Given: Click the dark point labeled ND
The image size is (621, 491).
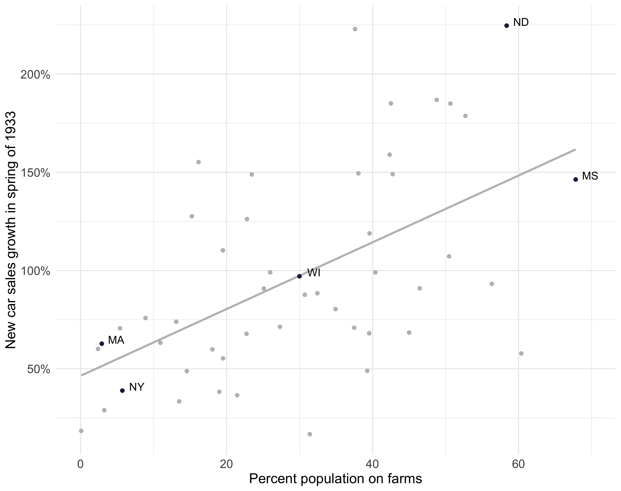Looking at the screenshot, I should tap(507, 26).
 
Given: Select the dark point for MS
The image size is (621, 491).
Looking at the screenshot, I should tap(575, 179).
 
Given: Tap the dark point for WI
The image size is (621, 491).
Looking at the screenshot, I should tap(299, 276).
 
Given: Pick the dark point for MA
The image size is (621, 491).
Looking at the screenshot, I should tap(102, 343).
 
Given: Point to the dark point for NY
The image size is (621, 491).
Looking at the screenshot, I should tap(122, 390).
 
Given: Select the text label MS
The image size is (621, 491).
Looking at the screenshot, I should tap(590, 176).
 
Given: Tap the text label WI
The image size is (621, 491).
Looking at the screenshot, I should tap(314, 273).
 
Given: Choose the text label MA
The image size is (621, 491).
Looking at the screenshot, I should tap(116, 340).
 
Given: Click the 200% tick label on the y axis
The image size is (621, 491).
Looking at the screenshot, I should tap(35, 75).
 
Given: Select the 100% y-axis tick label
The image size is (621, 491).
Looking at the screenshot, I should tap(35, 271).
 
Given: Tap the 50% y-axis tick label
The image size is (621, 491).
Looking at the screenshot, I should tap(38, 369).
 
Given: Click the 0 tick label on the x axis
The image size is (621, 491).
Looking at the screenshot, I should tap(80, 464).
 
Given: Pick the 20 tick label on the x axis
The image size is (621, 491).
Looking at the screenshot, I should tap(226, 464).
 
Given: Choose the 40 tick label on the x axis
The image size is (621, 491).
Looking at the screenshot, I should tap(372, 464).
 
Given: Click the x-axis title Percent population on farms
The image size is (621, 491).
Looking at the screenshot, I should tap(335, 479).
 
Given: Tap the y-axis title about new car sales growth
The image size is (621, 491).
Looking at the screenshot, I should tap(11, 230).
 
